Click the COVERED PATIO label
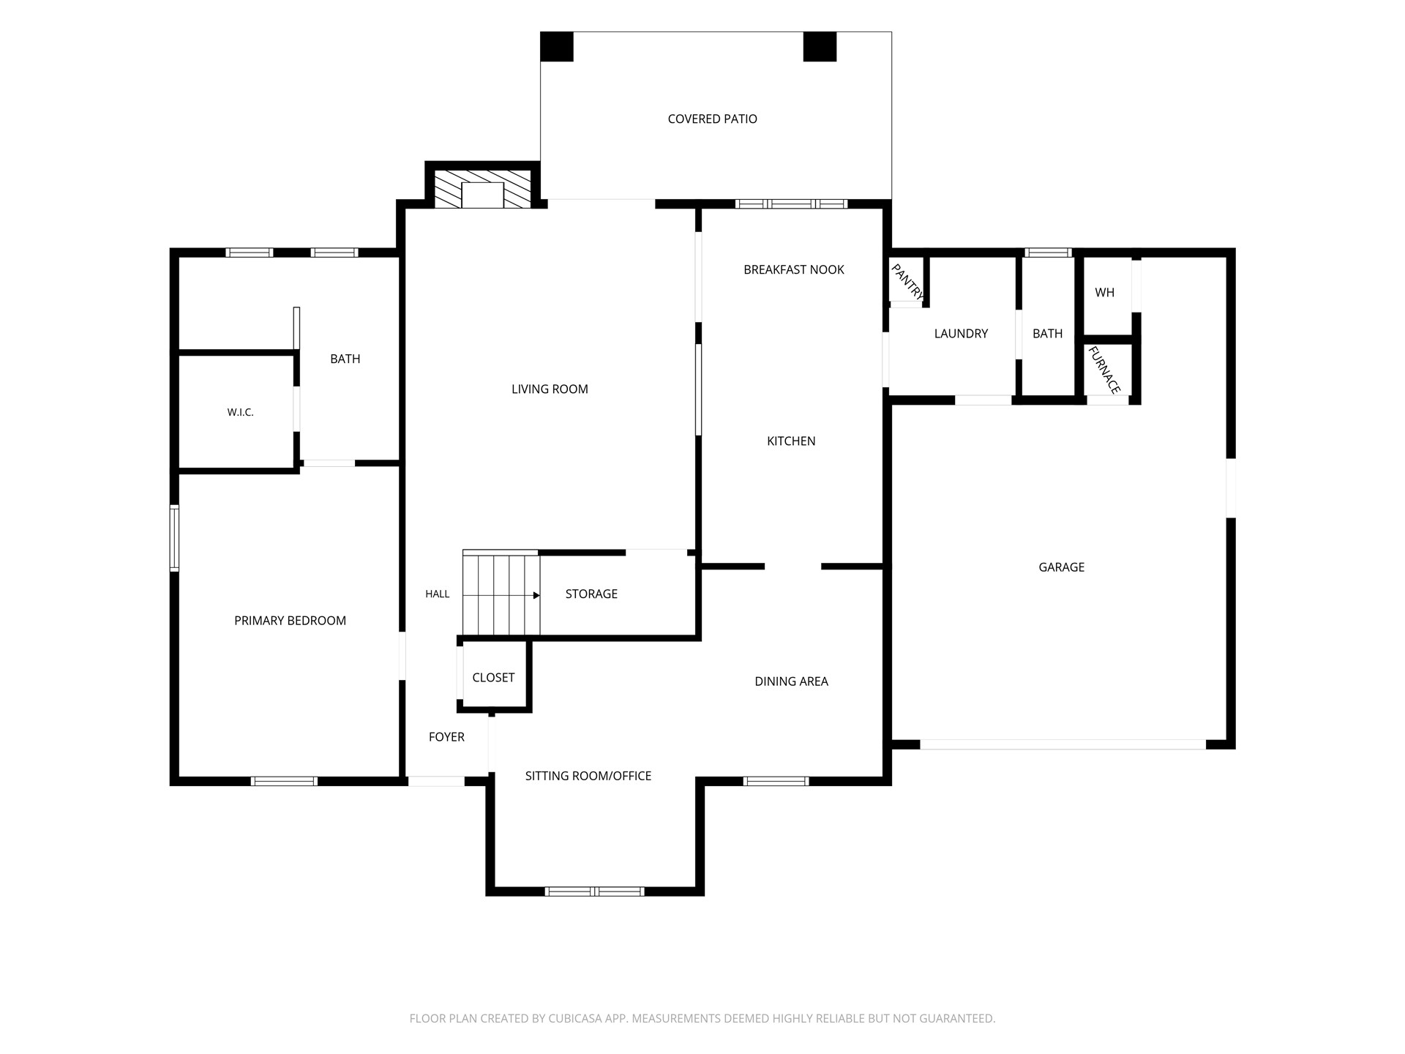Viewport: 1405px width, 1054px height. (x=712, y=119)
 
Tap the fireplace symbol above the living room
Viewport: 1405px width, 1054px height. (x=483, y=190)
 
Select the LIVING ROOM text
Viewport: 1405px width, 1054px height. (x=550, y=389)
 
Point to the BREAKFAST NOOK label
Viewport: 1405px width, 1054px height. (x=794, y=269)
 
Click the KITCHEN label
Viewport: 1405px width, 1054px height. (x=791, y=441)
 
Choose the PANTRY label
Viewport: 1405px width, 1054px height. (x=907, y=282)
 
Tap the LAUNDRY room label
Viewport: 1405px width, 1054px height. (x=961, y=333)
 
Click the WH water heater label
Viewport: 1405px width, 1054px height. (x=1104, y=292)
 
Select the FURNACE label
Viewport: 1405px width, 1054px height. (x=1104, y=370)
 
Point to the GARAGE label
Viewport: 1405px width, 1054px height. (x=1061, y=567)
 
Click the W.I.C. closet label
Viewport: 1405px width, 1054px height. (x=240, y=412)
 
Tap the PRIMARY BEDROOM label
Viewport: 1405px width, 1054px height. (x=290, y=620)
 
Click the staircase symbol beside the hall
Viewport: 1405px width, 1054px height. (x=501, y=594)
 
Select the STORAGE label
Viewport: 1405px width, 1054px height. (x=591, y=594)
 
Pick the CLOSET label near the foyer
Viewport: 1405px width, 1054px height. (x=493, y=677)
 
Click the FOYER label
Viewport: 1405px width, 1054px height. (x=446, y=736)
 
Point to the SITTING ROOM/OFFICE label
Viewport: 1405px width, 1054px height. (x=588, y=775)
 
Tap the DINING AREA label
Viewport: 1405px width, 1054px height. (x=791, y=681)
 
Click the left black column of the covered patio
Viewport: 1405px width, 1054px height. (x=557, y=47)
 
